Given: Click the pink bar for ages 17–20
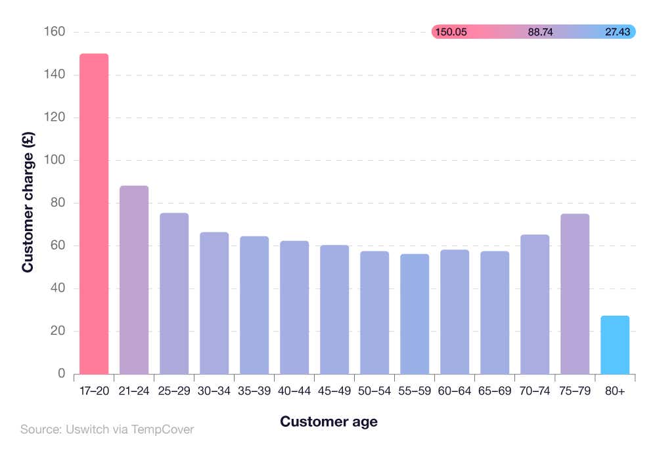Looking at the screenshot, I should click(x=94, y=214).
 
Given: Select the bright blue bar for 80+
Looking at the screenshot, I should click(x=615, y=345).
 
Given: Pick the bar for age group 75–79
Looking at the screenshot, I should click(x=575, y=294).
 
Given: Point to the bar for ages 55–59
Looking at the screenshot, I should click(x=415, y=314).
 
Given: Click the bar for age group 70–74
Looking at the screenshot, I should click(x=535, y=305).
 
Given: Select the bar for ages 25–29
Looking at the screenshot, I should click(x=174, y=293).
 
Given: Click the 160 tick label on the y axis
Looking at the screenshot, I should click(x=55, y=32).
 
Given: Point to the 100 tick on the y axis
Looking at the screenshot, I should click(x=55, y=160).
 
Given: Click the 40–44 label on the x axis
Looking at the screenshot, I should click(x=294, y=391).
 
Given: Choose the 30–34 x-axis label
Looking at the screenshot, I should click(x=214, y=391).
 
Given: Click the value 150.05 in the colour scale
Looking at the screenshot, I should click(x=451, y=32).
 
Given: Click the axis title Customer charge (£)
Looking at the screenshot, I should click(x=28, y=203).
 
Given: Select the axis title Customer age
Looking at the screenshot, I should click(x=328, y=421).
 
